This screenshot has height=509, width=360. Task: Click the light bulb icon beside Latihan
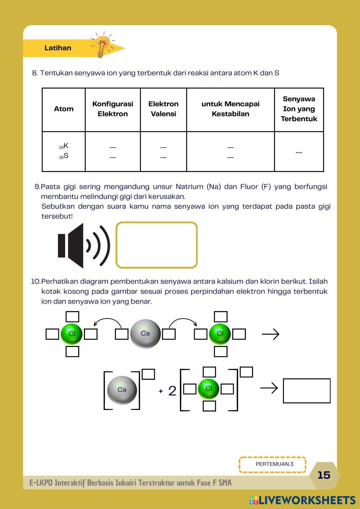coord(102,45)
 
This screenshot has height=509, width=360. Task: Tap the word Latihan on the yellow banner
coord(58,48)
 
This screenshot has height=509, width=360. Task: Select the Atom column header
coord(64,109)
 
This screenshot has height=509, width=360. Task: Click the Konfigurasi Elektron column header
coord(113,109)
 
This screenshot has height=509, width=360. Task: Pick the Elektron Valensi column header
coord(163,109)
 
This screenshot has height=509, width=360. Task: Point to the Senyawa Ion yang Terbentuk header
coord(299,109)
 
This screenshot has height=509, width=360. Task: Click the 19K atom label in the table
coord(64,146)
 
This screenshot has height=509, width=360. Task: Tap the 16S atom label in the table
coord(64,156)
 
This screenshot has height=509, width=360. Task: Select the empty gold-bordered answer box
coord(157,245)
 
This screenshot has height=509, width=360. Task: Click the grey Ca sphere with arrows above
coord(145,334)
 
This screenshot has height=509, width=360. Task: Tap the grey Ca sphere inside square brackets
coord(122,390)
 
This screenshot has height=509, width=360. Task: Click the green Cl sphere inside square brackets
coord(209,389)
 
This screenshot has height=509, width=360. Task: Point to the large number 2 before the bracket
coord(172,391)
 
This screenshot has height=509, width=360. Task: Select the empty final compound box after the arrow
coord(307,391)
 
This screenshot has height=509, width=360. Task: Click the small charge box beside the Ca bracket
coord(148,374)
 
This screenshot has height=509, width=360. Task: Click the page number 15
coord(324,475)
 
